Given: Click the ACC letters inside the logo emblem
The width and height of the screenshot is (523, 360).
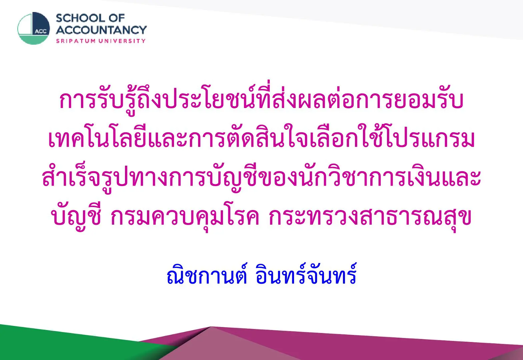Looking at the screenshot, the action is (x=41, y=31).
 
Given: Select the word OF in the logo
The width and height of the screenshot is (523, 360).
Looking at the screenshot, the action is (x=117, y=18).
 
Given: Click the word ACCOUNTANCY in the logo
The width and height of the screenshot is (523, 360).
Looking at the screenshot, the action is (x=101, y=30).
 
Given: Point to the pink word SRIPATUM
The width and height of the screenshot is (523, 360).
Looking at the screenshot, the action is (x=76, y=41).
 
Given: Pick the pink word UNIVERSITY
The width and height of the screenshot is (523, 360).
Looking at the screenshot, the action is (x=122, y=41).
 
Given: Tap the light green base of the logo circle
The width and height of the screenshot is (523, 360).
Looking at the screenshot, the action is (x=34, y=40).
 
